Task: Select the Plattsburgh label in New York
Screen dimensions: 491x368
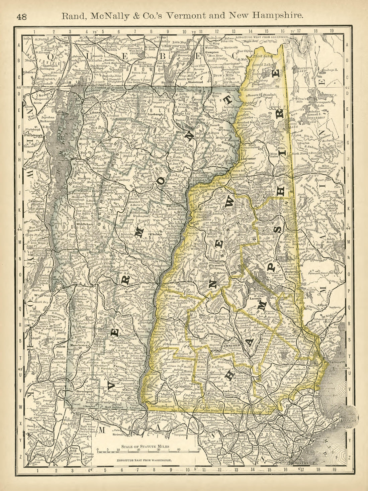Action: point(34,136)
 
